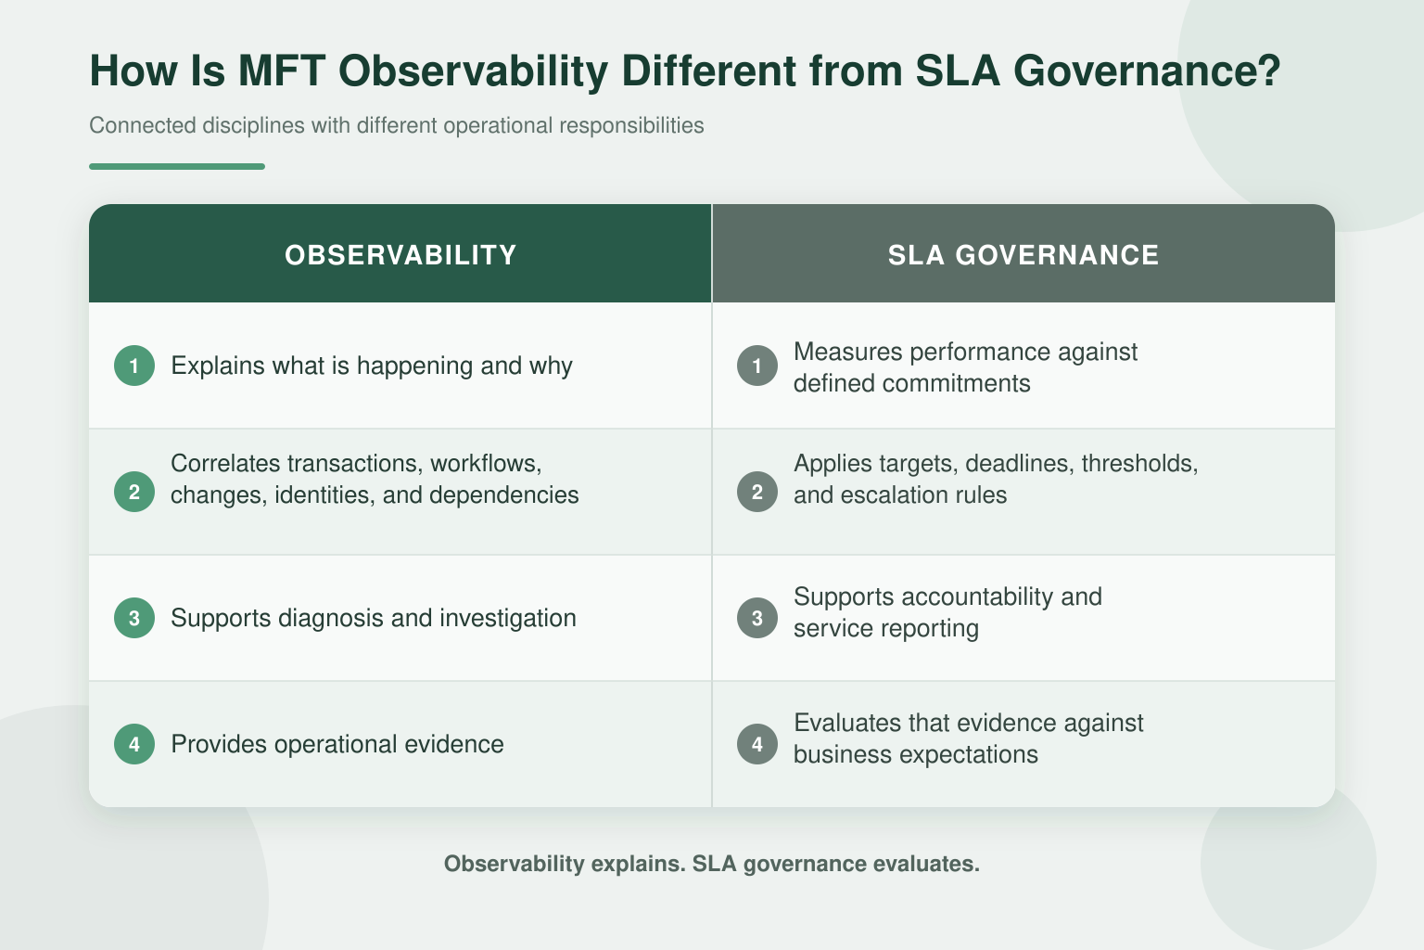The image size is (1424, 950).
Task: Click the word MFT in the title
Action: point(282,70)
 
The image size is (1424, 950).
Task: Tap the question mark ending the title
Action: point(1268,70)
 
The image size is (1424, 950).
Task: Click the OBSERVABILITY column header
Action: point(400,255)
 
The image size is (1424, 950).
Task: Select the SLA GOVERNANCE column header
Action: point(1023,255)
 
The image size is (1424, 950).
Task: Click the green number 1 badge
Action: point(134,366)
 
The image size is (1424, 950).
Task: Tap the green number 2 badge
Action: point(134,492)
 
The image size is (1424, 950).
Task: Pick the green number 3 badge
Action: point(134,618)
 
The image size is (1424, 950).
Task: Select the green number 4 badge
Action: point(134,744)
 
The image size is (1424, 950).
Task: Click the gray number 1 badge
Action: point(757,366)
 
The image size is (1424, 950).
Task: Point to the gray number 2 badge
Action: point(757,492)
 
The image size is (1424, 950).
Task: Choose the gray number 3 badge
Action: point(757,618)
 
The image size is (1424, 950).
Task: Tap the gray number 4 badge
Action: point(757,744)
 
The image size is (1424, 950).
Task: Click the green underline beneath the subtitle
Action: point(177,167)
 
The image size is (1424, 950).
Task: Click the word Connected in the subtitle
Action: point(143,125)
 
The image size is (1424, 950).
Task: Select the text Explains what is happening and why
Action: point(372,366)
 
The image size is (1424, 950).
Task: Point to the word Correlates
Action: point(225,463)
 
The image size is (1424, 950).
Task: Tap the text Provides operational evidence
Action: point(337,744)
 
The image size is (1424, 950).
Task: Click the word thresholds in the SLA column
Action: point(1139,464)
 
